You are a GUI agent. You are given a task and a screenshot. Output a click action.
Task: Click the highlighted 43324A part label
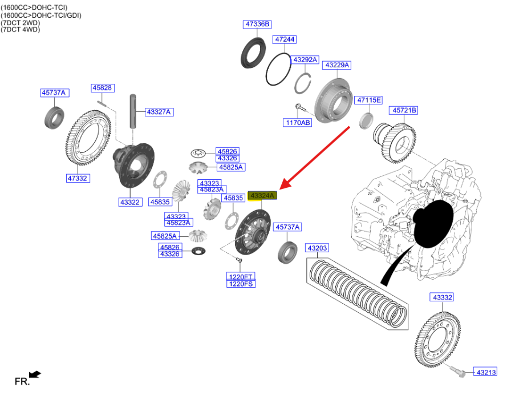point(262,195)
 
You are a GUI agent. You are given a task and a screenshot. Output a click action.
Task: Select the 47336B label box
point(257,24)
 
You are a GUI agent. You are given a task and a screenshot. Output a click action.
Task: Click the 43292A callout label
point(305,59)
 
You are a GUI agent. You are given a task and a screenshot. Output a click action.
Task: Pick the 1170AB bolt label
point(297,122)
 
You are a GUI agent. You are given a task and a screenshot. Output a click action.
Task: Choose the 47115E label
point(369,100)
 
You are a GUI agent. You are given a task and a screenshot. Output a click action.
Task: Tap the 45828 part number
point(103,88)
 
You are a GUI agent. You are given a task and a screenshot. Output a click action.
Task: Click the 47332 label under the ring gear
point(77,178)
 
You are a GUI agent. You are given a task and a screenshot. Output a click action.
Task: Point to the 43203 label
point(318,248)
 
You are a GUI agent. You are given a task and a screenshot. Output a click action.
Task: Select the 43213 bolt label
point(486,372)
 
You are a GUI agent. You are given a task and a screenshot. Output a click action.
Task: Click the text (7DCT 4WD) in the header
point(21,29)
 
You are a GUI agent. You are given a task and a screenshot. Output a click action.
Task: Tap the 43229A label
point(338,65)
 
